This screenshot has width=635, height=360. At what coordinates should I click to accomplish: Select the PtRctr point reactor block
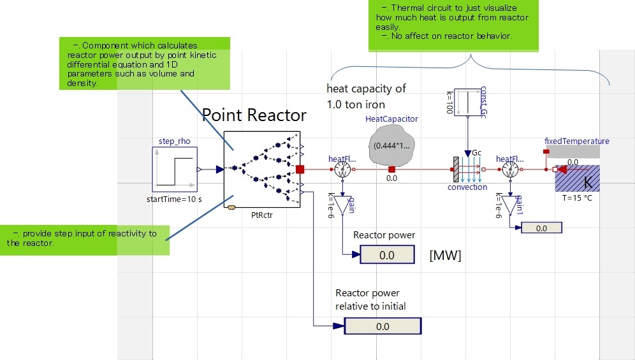tap(261, 169)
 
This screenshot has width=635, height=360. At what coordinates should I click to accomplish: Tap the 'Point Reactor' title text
tap(254, 115)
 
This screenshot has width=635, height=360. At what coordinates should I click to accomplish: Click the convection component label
tap(467, 187)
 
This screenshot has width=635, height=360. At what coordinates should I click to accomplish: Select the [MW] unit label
tap(446, 255)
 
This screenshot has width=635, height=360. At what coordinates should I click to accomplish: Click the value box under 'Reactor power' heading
tap(386, 256)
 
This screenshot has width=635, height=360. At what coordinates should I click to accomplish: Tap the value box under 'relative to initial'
tap(383, 326)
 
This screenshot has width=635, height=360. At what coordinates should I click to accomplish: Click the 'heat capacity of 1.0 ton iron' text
tap(366, 96)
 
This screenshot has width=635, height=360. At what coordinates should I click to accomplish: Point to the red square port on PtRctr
tap(301, 169)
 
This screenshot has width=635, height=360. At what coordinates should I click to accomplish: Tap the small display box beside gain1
tap(541, 227)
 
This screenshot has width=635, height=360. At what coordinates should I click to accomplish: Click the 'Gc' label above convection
tap(476, 153)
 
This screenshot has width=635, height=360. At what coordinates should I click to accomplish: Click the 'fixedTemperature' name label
tap(577, 141)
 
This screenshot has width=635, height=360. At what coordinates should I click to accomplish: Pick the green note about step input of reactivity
tap(84, 238)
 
